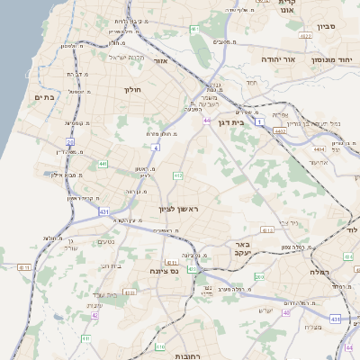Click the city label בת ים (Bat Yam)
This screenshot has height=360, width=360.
[x=44, y=97]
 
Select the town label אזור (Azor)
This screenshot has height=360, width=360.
[x=162, y=61]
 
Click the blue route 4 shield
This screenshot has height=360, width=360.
[x=156, y=146]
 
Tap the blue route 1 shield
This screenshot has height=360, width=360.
[x=260, y=120]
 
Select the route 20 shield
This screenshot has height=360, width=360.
[x=70, y=142]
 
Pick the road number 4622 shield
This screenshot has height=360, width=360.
[x=304, y=37]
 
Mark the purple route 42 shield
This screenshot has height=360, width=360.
[x=94, y=315]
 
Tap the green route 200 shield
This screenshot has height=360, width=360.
[x=259, y=276]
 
